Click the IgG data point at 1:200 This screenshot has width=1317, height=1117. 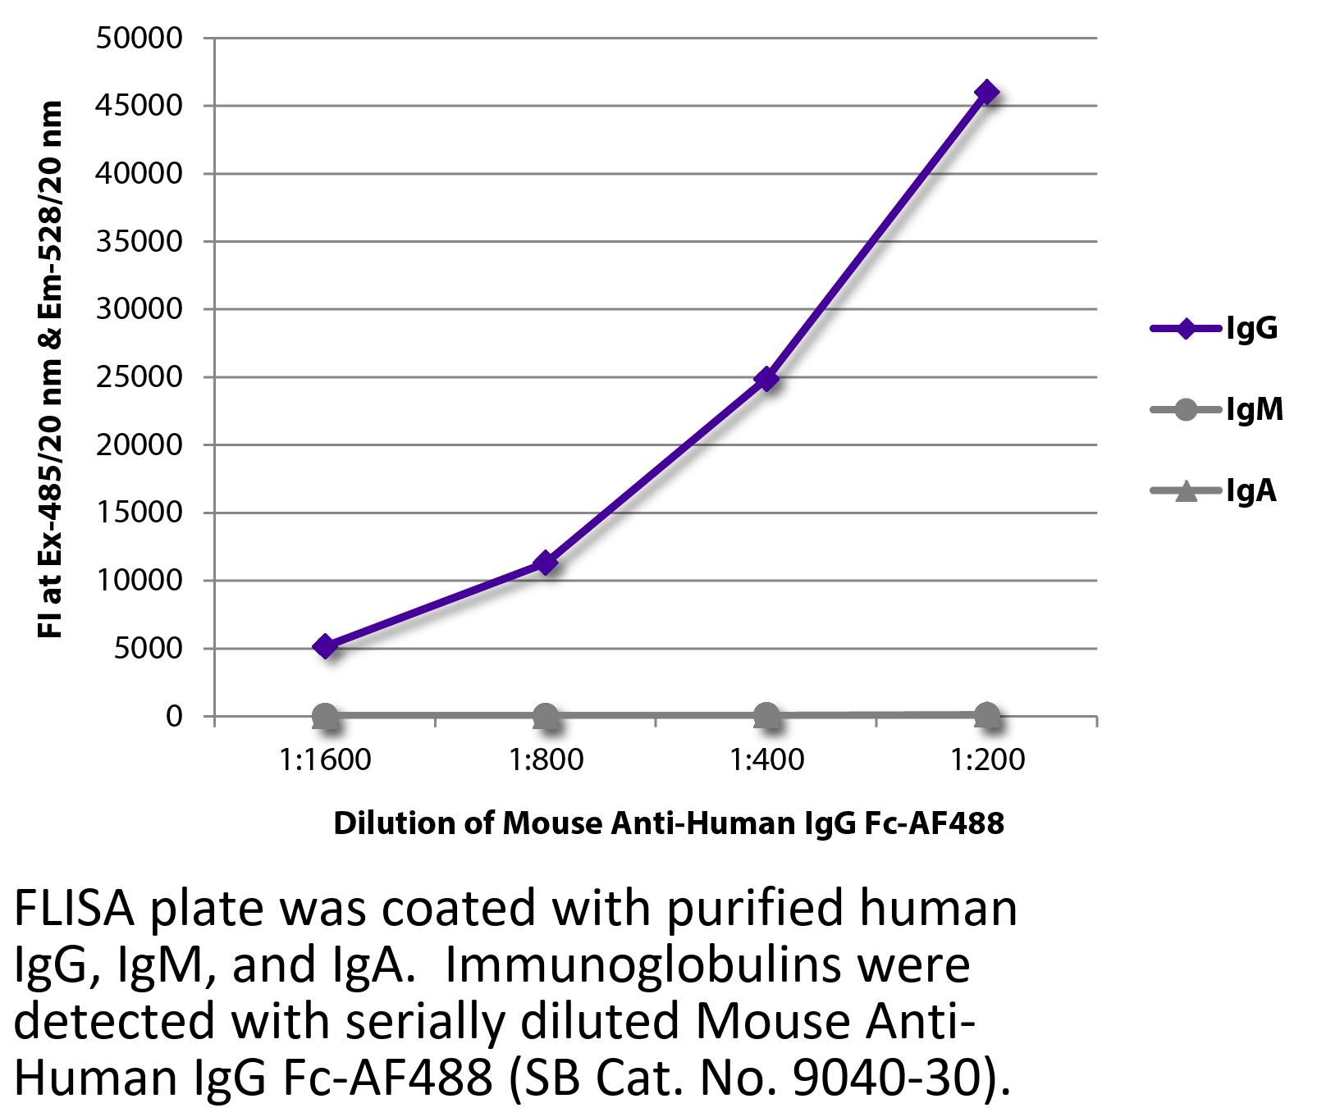click(986, 92)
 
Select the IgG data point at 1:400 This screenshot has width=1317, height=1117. click(766, 378)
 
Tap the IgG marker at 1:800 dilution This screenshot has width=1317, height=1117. click(546, 563)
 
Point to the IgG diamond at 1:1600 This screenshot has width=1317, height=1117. click(325, 646)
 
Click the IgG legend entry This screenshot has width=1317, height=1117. click(1214, 330)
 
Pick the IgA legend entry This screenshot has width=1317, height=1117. click(1215, 490)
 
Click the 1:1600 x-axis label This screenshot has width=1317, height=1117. click(325, 760)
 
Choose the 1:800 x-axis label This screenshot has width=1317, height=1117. click(546, 760)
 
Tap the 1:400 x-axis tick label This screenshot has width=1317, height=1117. click(766, 760)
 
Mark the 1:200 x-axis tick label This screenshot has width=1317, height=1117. click(987, 760)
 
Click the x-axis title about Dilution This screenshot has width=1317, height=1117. click(668, 823)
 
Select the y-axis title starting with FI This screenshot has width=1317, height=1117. click(51, 369)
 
